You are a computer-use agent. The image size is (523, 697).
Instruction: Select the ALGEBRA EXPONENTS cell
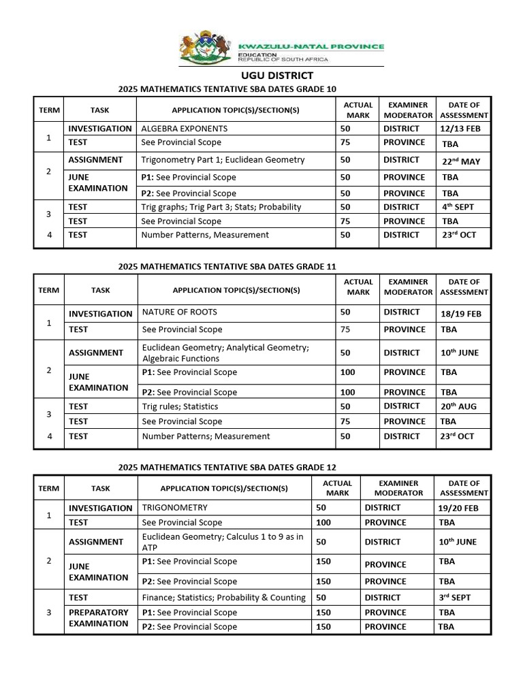tap(185, 128)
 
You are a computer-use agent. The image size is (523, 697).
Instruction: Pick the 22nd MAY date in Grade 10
tap(461, 161)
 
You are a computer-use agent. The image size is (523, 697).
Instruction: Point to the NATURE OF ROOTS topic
tap(180, 312)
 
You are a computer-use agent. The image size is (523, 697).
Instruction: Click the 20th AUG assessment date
tap(458, 406)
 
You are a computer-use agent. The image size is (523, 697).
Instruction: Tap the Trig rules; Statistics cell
tap(180, 406)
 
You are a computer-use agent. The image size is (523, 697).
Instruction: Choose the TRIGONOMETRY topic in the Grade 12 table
tap(175, 508)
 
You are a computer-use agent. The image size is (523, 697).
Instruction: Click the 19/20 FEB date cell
tap(458, 508)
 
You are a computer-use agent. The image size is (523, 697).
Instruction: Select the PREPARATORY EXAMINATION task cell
tap(98, 618)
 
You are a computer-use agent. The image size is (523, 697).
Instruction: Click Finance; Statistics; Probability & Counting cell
tap(224, 598)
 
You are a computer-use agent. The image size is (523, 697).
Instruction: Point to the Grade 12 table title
tap(227, 468)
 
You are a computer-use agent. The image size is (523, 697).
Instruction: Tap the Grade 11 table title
tap(227, 267)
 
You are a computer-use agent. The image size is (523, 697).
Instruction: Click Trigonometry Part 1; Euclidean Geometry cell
tap(223, 160)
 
